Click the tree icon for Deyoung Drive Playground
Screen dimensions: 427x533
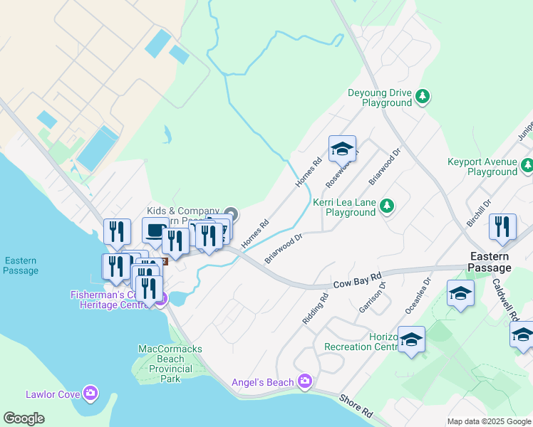[x=423, y=96]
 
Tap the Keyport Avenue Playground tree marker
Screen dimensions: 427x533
[x=527, y=165]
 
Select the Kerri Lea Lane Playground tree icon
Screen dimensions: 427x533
[x=387, y=206]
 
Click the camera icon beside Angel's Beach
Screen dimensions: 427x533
[x=306, y=382]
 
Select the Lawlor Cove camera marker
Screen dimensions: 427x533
[x=90, y=393]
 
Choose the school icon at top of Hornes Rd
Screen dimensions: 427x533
[x=342, y=149]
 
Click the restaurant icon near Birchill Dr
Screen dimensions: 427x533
[x=503, y=228]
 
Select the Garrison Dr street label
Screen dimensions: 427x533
[x=373, y=297]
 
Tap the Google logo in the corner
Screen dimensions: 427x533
[x=24, y=418]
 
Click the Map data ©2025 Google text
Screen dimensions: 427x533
[x=489, y=421]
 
